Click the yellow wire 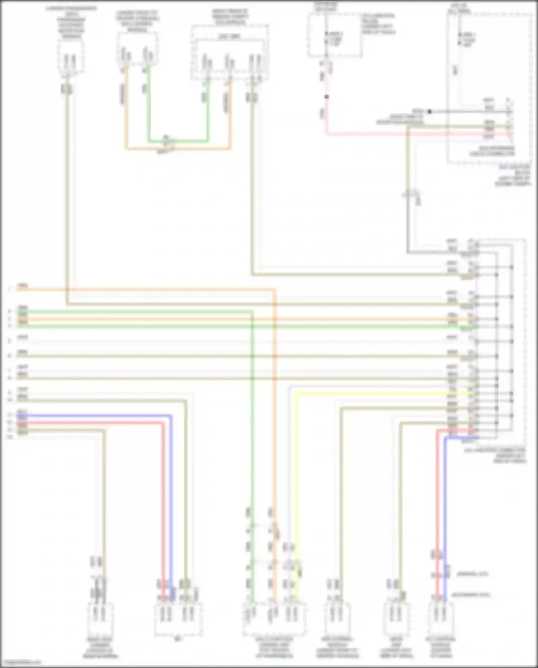[x=296, y=467]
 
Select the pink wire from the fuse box [x=395, y=134]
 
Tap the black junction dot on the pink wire [x=326, y=97]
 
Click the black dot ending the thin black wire [x=429, y=112]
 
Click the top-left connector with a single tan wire [x=71, y=57]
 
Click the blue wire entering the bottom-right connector [x=445, y=503]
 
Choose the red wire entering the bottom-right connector [x=438, y=503]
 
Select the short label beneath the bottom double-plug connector [x=178, y=639]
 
